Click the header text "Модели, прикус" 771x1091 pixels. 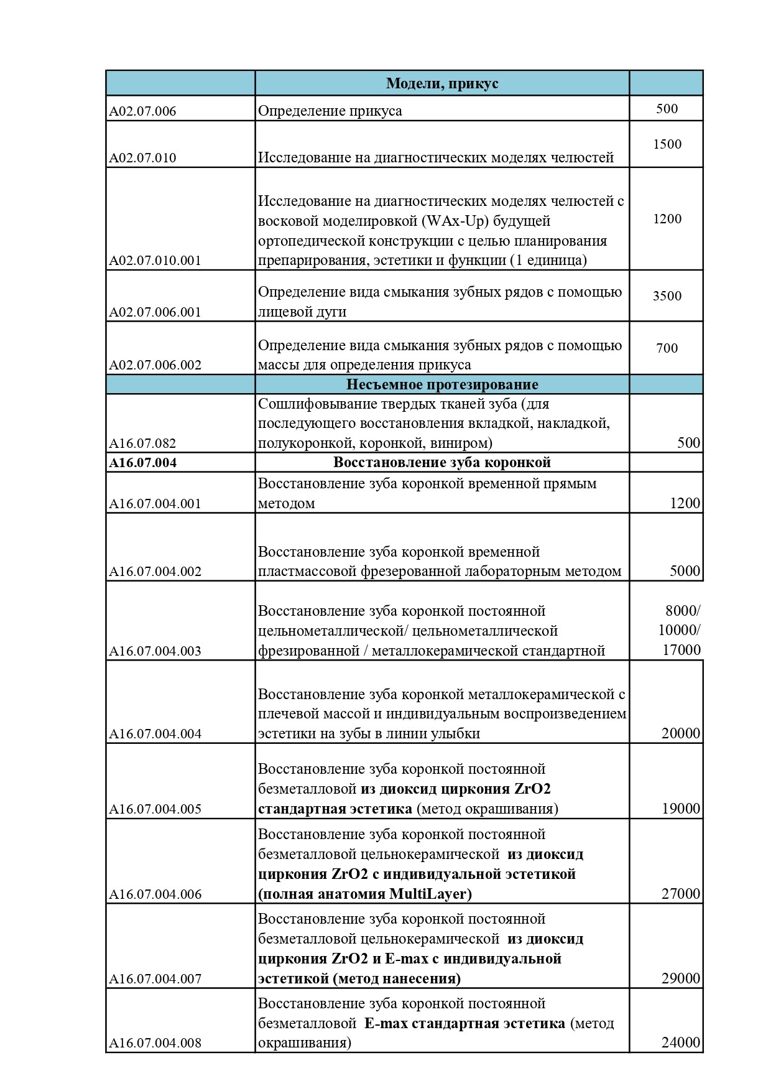[442, 83]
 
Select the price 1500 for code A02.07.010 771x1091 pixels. [667, 144]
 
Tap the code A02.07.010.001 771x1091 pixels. [155, 261]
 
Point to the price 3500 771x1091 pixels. [667, 296]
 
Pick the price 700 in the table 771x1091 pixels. [667, 348]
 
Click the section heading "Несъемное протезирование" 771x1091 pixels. [442, 384]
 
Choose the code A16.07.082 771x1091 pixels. [142, 443]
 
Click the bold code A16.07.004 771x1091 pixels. [142, 463]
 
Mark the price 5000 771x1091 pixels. [685, 571]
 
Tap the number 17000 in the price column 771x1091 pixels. [681, 650]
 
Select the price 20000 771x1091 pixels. [681, 733]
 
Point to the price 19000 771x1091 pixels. [681, 809]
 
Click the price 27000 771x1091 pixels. [681, 894]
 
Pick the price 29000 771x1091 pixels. [681, 978]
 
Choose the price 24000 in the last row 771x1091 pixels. [681, 1042]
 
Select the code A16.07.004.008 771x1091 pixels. [155, 1043]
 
